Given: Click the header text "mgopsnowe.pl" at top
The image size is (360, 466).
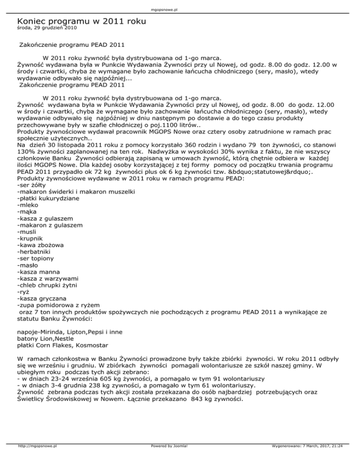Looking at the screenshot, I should (180, 9).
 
